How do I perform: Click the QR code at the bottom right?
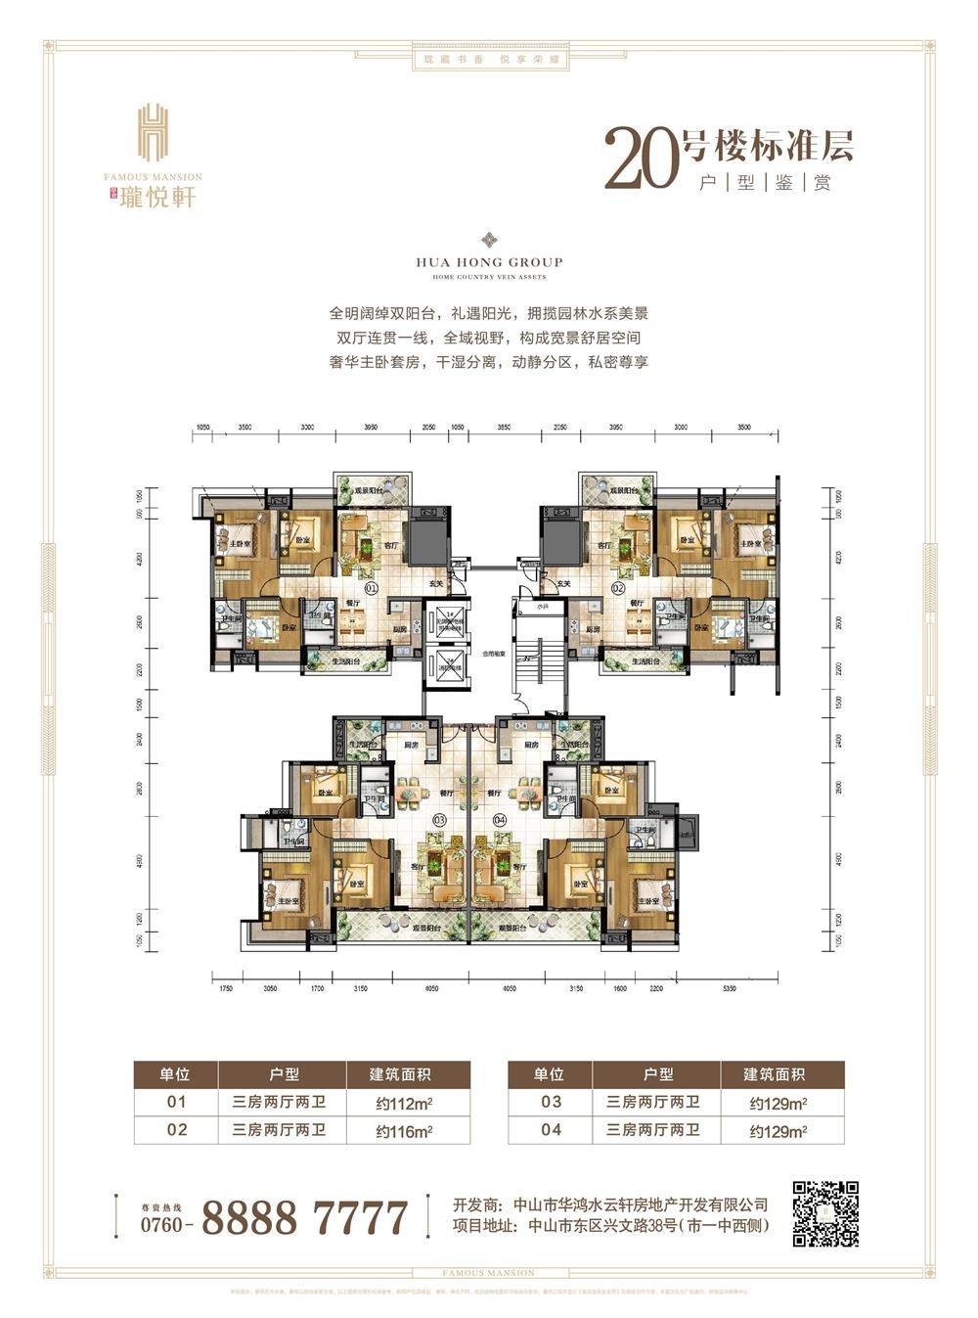click(x=825, y=1213)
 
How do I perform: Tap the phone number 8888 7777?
click(x=304, y=1218)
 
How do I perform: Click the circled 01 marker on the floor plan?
click(x=372, y=589)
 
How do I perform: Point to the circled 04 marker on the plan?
click(x=501, y=819)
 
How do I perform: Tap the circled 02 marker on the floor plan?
click(x=618, y=589)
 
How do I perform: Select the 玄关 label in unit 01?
click(x=435, y=585)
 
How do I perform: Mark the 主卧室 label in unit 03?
click(x=287, y=901)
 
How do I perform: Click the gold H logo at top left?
click(x=153, y=132)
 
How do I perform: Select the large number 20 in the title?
click(x=641, y=157)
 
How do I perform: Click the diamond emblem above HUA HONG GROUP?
click(x=489, y=241)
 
